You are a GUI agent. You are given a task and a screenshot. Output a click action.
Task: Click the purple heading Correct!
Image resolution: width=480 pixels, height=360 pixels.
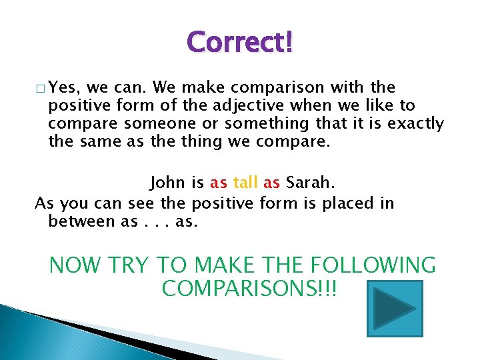pos(239,43)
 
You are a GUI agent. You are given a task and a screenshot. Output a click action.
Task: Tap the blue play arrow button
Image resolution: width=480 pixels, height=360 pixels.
pos(395,308)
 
